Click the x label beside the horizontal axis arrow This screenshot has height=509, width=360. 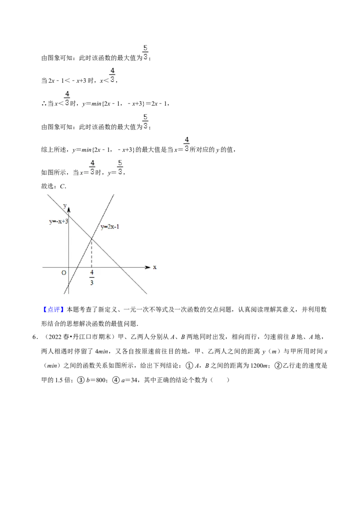[x=155, y=267]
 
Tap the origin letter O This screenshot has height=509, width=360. [x=63, y=273]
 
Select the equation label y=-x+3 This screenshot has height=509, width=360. [x=58, y=222]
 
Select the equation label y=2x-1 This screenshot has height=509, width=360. [x=110, y=227]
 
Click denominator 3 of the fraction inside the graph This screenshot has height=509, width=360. [x=92, y=282]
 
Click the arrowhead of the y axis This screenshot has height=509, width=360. [x=68, y=209]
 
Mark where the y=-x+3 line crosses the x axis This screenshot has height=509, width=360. [x=121, y=267]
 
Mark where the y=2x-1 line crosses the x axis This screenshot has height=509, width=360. [x=77, y=267]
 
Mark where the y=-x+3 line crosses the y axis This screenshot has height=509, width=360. [x=68, y=215]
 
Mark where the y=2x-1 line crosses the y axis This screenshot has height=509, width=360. [x=68, y=285]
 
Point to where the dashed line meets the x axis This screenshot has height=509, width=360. [x=92, y=267]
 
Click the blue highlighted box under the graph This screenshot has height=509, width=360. [x=54, y=309]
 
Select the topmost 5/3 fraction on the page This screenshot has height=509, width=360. [x=145, y=52]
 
